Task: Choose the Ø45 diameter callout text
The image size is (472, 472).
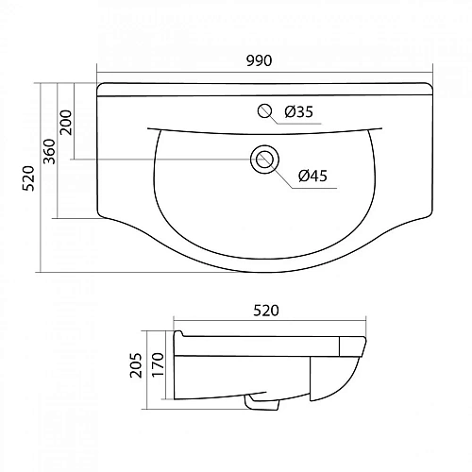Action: [x=312, y=176]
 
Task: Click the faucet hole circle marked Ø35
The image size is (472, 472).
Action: [x=265, y=111]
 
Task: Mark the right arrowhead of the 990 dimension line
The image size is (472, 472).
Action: [x=431, y=72]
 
